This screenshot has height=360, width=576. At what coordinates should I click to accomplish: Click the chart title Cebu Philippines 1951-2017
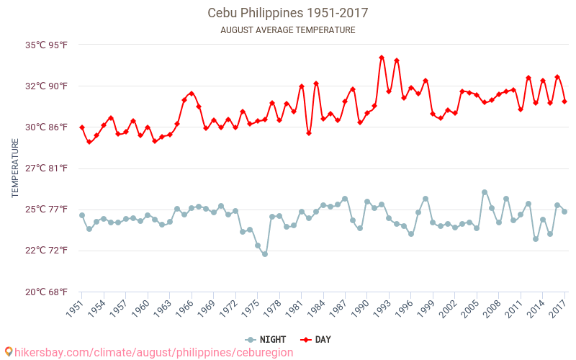point(288,13)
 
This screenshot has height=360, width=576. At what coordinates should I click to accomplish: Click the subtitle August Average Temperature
point(288,30)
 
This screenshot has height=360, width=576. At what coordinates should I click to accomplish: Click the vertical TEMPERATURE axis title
point(16,168)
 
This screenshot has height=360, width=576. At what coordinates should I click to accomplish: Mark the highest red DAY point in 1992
point(382,58)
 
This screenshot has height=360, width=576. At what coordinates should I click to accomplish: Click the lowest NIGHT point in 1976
point(265,254)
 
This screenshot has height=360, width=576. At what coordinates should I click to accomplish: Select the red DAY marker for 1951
point(82,127)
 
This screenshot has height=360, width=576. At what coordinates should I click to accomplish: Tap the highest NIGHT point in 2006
point(485,192)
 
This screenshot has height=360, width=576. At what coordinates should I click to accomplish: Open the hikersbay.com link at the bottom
point(148,352)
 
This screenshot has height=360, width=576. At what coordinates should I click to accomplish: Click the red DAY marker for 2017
point(564,102)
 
